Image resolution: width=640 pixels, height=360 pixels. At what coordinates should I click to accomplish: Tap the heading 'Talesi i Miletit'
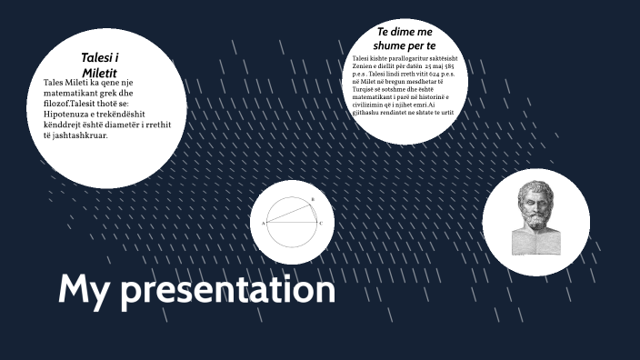100,65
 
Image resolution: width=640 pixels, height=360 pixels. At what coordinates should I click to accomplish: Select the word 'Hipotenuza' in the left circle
67,115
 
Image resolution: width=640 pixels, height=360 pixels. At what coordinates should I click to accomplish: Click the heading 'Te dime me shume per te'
406,39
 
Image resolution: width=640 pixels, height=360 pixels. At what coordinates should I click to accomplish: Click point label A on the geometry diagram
264,224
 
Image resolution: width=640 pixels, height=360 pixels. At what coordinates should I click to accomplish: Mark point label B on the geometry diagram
313,199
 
